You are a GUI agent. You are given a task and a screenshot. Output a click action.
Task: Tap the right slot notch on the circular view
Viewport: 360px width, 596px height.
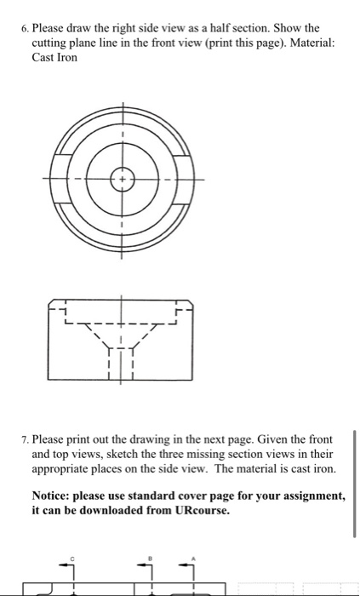(184, 180)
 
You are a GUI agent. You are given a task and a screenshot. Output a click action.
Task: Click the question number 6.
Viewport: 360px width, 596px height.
(23, 28)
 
